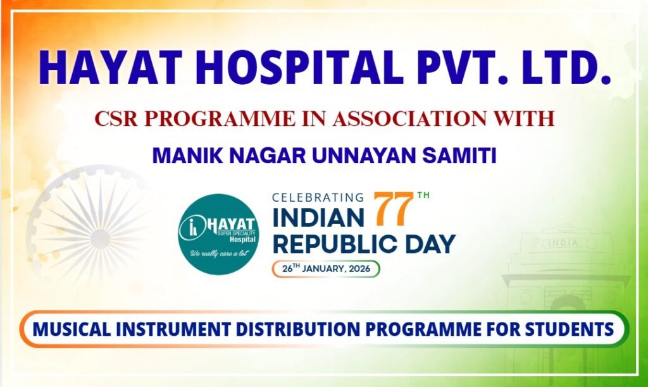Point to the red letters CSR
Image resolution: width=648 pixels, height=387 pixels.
click(118, 118)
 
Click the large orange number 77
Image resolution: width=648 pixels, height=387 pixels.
click(392, 210)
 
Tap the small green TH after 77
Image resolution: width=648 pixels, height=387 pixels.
click(423, 195)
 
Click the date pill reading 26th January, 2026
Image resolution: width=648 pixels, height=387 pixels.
click(326, 268)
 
